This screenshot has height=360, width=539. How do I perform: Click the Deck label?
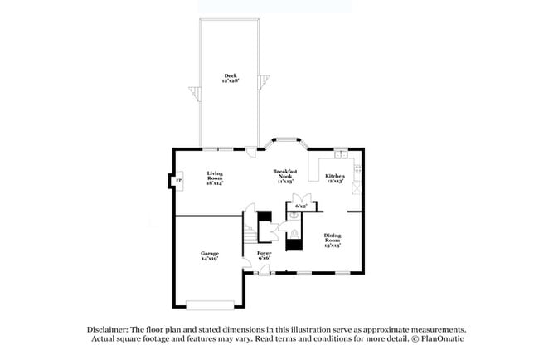230,78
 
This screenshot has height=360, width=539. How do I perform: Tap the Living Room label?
215,178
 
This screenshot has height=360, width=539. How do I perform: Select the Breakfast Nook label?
284,175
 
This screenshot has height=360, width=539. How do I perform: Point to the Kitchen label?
335,178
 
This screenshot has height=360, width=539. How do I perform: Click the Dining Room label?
332,241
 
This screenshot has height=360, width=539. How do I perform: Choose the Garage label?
209,255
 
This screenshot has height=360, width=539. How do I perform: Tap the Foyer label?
265,255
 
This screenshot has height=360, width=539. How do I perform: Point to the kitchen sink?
341,155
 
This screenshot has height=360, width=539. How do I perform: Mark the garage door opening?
209,304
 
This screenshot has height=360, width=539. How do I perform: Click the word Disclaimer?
110,329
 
